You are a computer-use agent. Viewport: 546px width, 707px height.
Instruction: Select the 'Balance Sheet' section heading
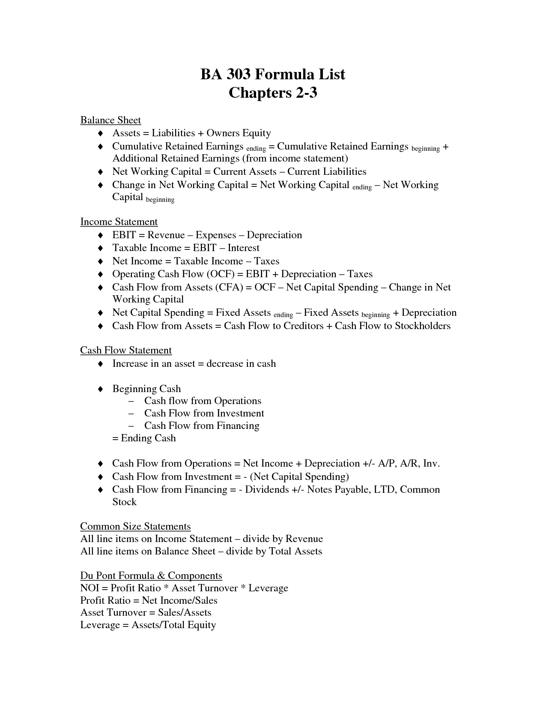coord(110,120)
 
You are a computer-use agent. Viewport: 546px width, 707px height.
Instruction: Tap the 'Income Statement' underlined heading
coord(119,222)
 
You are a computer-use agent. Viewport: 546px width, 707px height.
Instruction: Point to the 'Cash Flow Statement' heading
coord(126,351)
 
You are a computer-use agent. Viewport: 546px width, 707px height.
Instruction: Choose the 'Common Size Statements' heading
coord(135,526)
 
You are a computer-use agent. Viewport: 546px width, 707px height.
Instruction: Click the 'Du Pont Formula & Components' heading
coord(151,575)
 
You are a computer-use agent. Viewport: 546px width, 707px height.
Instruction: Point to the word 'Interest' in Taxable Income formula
coord(243,248)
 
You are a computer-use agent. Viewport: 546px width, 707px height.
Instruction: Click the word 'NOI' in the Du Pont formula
coord(90,588)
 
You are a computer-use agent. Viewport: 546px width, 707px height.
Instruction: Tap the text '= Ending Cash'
coord(144,438)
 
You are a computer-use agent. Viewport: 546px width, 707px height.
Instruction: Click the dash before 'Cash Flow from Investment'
coord(131,413)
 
